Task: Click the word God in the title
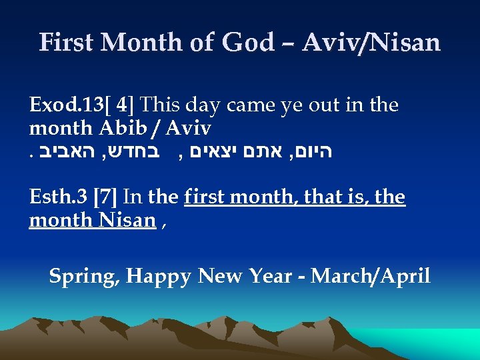click(248, 43)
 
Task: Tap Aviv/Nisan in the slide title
click(371, 43)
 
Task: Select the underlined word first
click(204, 198)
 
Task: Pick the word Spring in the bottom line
click(83, 275)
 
